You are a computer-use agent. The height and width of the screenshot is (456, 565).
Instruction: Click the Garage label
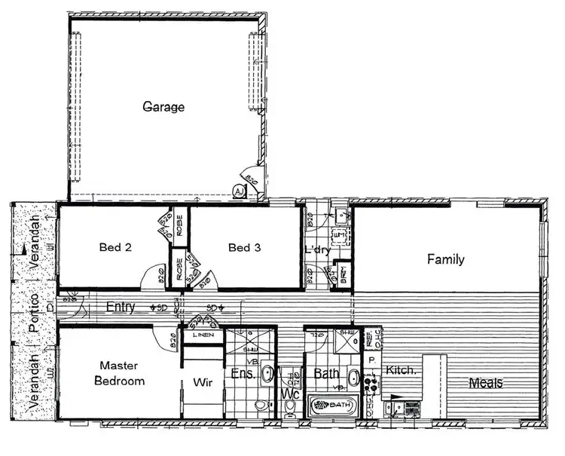(x=163, y=107)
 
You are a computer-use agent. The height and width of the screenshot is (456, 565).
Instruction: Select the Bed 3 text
(x=244, y=247)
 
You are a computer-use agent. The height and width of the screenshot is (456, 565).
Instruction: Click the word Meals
(x=485, y=383)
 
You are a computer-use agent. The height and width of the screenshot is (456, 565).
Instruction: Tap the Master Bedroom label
(x=119, y=373)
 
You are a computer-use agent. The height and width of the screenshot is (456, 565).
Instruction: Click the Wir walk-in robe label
(x=202, y=381)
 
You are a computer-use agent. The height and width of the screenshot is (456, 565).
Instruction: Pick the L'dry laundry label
(x=317, y=250)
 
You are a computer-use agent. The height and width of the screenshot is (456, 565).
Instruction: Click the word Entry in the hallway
(x=121, y=308)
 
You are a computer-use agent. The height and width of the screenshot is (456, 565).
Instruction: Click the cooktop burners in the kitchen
(x=370, y=383)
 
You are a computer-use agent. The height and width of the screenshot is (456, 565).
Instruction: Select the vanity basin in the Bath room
(x=353, y=376)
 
